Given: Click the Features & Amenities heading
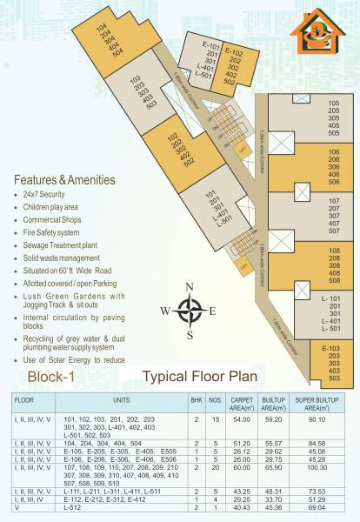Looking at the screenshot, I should [x=64, y=180].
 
